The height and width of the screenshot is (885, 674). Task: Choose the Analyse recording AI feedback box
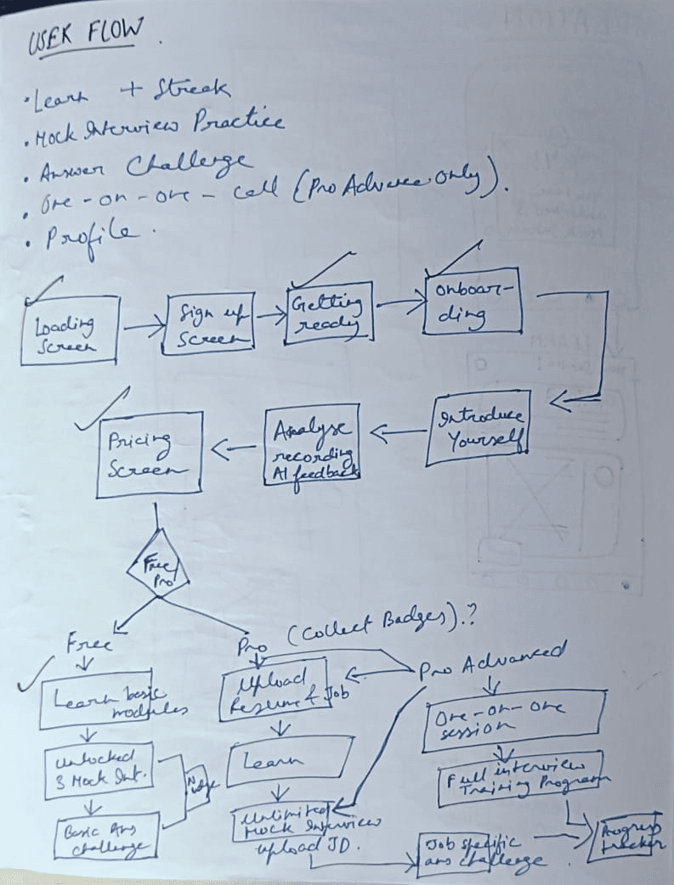[x=311, y=444]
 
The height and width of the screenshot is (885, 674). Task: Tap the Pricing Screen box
[x=149, y=454]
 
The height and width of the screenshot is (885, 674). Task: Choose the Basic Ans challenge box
[x=107, y=837]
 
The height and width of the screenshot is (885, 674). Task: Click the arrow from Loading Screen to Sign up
[x=144, y=324]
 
